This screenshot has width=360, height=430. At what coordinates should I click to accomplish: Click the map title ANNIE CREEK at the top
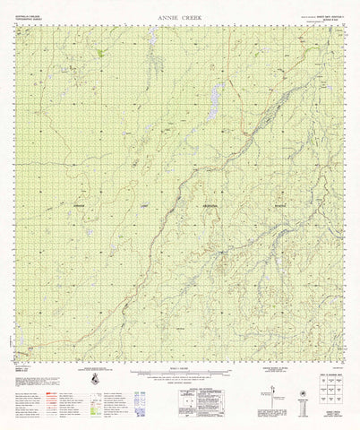tap(178, 16)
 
